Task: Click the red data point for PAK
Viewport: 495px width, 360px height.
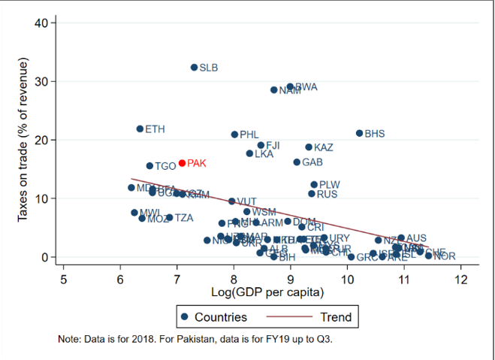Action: point(182,163)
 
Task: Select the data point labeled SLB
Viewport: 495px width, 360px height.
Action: point(194,68)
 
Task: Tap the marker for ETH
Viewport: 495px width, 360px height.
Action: point(140,129)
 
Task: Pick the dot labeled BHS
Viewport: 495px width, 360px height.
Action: point(359,134)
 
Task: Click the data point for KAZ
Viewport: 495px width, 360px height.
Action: point(309,147)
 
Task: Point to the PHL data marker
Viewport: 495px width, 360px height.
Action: point(234,135)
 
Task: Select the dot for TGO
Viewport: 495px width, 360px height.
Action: point(149,166)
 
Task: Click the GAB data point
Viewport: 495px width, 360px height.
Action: point(297,162)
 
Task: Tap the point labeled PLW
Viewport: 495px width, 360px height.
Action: point(314,185)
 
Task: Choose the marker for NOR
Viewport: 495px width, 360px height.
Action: point(429,256)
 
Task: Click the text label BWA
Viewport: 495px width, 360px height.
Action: point(306,87)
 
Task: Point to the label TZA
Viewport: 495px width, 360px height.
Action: point(184,218)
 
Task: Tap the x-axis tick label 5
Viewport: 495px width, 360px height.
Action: point(63,280)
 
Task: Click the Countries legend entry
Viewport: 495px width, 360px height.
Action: point(213,317)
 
